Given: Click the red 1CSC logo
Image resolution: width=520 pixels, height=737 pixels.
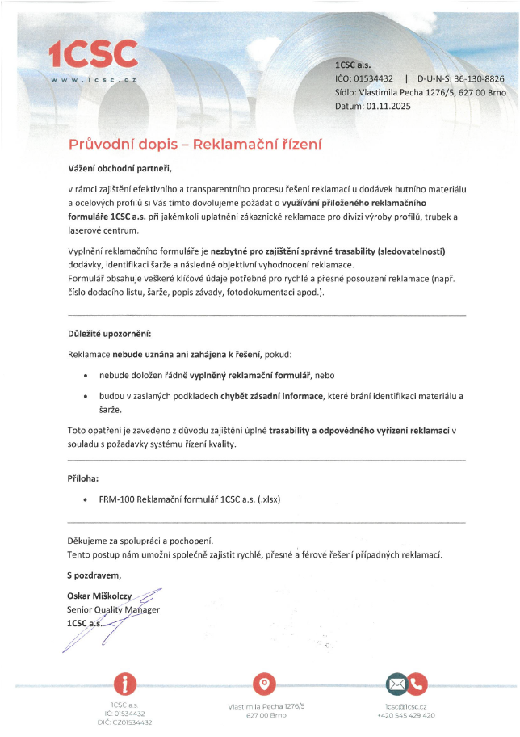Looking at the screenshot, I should click(93, 53).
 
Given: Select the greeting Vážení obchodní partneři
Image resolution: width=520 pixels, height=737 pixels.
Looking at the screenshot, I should click(120, 169).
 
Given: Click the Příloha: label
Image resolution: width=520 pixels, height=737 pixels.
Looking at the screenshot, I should click(83, 478).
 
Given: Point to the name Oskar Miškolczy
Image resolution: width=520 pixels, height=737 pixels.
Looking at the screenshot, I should click(99, 596).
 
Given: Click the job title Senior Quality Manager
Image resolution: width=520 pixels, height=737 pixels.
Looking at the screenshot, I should click(113, 609).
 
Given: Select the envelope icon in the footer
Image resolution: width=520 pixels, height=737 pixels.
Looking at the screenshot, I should click(396, 684).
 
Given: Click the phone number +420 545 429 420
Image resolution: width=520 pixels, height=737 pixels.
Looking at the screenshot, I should click(406, 715).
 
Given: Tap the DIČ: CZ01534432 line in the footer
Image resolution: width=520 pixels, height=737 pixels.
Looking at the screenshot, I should click(125, 722).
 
